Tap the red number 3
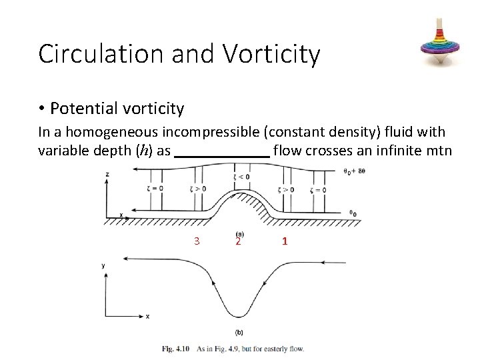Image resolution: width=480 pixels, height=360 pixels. click(197, 241)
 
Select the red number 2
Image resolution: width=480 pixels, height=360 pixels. click(238, 241)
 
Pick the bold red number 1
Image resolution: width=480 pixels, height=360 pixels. click(285, 241)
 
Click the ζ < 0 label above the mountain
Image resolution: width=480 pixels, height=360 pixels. click(241, 177)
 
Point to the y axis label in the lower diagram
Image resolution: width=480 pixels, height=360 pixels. click(103, 265)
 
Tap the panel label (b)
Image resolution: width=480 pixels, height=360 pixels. click(239, 332)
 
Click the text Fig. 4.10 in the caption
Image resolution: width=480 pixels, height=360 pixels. click(176, 349)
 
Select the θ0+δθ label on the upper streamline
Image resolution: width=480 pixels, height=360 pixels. click(354, 171)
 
